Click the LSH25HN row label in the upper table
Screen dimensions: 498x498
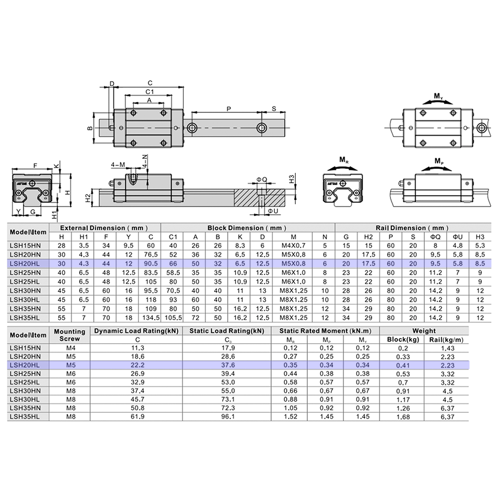pyautogui.click(x=28, y=272)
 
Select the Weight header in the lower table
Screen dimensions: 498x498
pyautogui.click(x=424, y=330)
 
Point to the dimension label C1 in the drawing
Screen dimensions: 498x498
pyautogui.click(x=149, y=92)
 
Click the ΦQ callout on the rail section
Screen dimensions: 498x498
pyautogui.click(x=261, y=179)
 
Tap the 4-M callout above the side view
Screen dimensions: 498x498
pyautogui.click(x=118, y=164)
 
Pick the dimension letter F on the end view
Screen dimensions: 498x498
pyautogui.click(x=34, y=165)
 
